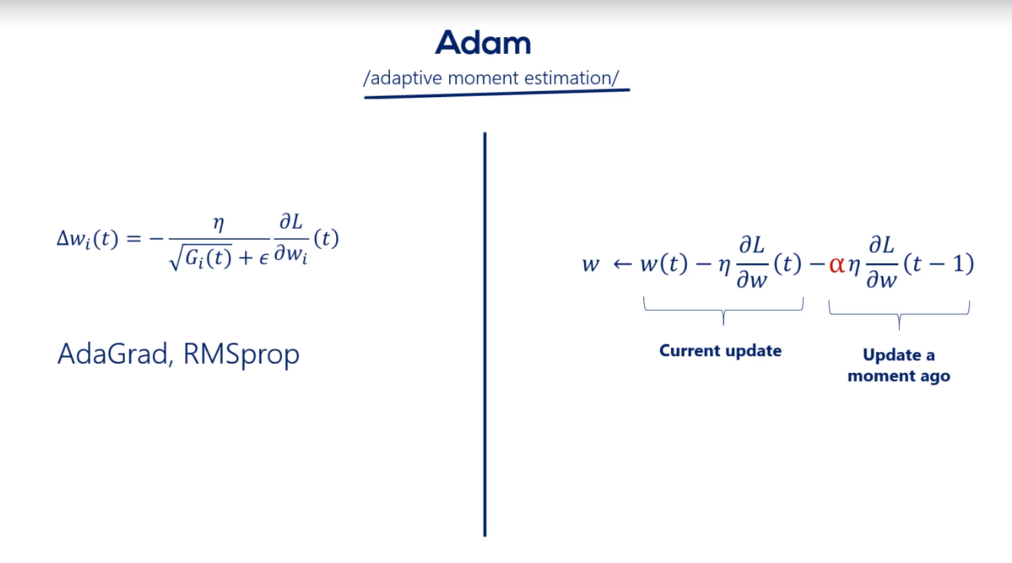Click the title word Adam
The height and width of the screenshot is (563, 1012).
[483, 43]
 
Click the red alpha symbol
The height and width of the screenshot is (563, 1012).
[837, 265]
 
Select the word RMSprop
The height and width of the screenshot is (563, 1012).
[241, 355]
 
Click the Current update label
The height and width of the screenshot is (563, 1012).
[720, 351]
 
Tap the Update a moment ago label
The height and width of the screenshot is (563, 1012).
[898, 365]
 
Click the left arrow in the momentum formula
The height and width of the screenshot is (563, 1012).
[622, 265]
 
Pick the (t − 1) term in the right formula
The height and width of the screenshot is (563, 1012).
[939, 263]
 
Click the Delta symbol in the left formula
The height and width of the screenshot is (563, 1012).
[63, 238]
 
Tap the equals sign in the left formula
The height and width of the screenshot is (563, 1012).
[134, 238]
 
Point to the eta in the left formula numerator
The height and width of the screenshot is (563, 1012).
[218, 223]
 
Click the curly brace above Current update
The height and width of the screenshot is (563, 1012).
[723, 310]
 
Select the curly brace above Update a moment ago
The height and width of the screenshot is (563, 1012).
[899, 314]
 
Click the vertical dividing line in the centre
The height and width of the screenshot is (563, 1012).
[485, 334]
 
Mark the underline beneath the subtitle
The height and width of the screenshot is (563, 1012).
[497, 94]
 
